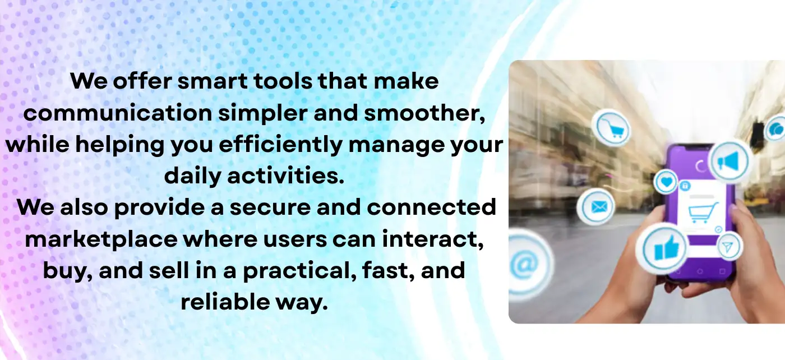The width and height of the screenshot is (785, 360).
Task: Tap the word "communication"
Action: (118, 113)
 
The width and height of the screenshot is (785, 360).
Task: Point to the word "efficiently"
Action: (281, 145)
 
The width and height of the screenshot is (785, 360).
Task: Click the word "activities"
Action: (285, 176)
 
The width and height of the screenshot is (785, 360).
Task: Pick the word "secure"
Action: (270, 207)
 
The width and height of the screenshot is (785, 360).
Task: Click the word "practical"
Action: (299, 271)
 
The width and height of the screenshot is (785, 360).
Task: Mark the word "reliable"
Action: (225, 302)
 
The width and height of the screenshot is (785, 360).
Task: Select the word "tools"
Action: (283, 81)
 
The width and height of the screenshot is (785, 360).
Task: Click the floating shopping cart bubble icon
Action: (611, 128)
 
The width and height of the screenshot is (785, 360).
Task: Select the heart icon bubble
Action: (666, 182)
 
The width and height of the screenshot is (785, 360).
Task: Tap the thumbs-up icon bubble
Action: (662, 248)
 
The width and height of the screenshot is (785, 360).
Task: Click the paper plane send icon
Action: (729, 247)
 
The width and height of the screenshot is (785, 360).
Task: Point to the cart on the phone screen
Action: (702, 212)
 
